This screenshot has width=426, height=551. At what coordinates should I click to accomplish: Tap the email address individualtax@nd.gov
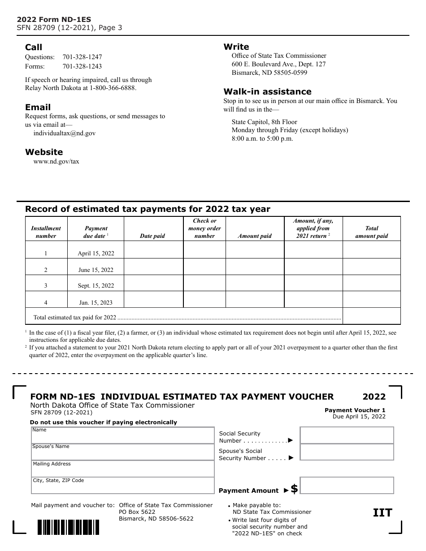[x=64, y=133]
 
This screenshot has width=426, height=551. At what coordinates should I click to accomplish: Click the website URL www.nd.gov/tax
[x=56, y=161]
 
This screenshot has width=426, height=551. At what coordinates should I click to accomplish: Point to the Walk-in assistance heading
[x=267, y=91]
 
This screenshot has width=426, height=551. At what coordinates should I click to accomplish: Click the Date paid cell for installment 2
[x=153, y=267]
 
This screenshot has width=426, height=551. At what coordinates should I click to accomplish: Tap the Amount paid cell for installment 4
[x=255, y=299]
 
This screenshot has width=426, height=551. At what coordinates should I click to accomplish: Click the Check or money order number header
[x=204, y=228]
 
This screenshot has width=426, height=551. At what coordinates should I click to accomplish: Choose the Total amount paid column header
[x=371, y=232]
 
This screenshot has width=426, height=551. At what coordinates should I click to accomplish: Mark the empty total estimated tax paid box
[x=371, y=316]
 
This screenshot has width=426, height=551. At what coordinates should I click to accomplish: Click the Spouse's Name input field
[x=122, y=452]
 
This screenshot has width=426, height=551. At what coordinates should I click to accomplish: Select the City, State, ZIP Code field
[x=122, y=486]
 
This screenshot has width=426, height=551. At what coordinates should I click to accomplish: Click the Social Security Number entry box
[x=347, y=435]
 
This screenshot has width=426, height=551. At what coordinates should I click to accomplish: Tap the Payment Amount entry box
[x=347, y=486]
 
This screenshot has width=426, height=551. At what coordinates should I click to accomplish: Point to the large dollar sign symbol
[x=294, y=489]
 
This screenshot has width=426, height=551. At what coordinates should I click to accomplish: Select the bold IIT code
[x=383, y=513]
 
